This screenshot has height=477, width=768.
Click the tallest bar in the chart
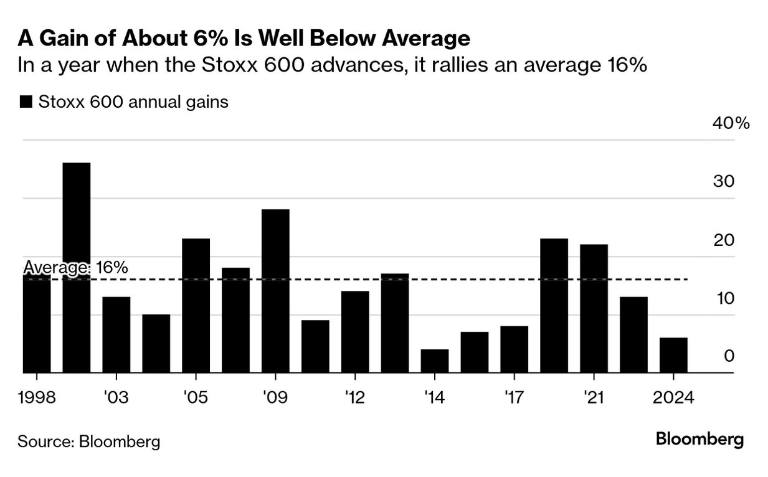pos(77,268)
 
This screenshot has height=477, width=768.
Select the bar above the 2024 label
pos(673,356)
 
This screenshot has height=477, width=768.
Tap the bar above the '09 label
pos(275,291)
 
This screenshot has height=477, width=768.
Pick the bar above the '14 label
pos(435,361)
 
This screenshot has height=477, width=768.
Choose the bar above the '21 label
pos(594,309)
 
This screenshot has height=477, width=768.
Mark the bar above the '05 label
pos(196,306)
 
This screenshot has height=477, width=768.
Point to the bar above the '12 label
pos(355,332)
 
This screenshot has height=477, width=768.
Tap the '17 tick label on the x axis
pos(514,397)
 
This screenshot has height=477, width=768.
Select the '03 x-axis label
pos(116,397)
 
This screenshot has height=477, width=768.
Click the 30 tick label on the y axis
pos(725,181)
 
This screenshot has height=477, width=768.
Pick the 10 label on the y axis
pos(725,298)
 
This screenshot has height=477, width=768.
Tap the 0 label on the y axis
pos(729,356)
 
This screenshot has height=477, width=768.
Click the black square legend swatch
pos(26,102)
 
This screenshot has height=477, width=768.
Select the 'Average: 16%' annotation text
pos(75,268)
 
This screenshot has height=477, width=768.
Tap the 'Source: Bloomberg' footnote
pos(88,442)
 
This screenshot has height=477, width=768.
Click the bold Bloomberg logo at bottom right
pos(699,440)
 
